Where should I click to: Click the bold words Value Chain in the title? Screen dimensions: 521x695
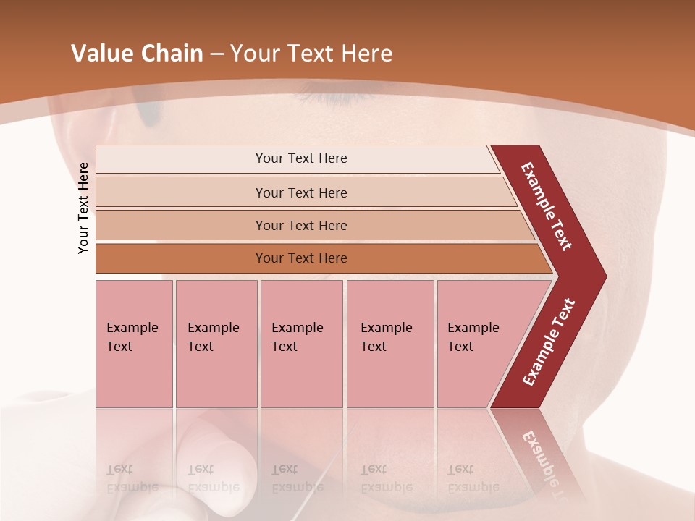point(137,54)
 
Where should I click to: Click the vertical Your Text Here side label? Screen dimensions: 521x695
point(83,208)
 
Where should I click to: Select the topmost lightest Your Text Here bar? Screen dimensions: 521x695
point(300,158)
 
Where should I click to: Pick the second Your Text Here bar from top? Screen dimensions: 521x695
point(300,192)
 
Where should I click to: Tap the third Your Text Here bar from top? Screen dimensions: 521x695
point(300,225)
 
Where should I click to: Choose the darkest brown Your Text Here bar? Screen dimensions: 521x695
point(300,258)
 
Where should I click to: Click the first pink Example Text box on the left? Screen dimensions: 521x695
point(134,344)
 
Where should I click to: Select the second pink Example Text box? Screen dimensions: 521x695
point(216,344)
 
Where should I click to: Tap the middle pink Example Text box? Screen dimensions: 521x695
point(301,344)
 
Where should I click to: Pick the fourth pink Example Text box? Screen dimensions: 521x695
point(389,344)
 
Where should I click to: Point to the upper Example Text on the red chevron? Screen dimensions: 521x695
point(547,206)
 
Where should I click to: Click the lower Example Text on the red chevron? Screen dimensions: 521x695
point(548,342)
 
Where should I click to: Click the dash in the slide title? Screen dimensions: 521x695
point(216,54)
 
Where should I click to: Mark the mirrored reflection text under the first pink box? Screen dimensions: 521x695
point(132,478)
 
